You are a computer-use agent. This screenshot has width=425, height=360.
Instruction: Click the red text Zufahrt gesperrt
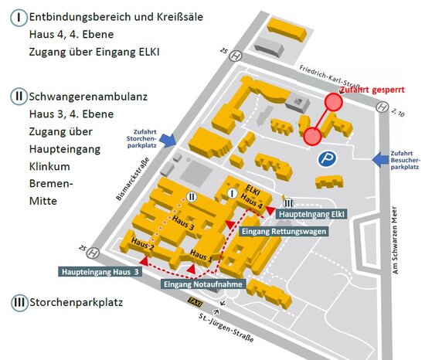click(376, 89)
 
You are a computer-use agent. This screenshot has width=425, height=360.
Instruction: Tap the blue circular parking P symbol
click(328, 158)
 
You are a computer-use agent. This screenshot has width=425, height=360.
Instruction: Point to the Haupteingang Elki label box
click(311, 213)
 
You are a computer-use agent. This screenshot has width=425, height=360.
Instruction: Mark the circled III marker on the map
click(287, 202)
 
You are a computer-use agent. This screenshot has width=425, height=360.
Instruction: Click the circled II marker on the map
click(192, 198)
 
